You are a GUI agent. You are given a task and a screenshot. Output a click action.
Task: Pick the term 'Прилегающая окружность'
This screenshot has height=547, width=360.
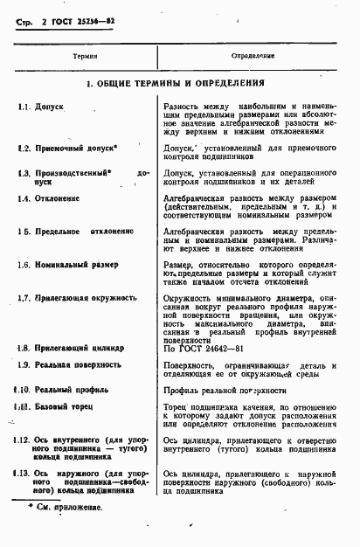point(87,298)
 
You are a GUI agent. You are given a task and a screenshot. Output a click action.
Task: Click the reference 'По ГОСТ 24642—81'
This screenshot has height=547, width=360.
point(199,347)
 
